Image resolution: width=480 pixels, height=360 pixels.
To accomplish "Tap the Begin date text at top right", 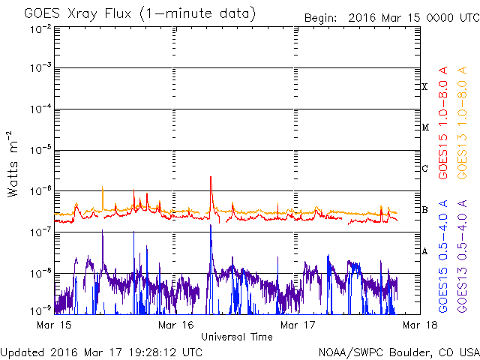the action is click(x=391, y=18).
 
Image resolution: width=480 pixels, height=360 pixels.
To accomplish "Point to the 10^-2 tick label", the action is click(x=40, y=29).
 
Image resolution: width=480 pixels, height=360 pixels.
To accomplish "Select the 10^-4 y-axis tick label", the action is click(x=40, y=109).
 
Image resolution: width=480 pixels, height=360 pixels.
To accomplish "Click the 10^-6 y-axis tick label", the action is click(x=40, y=191).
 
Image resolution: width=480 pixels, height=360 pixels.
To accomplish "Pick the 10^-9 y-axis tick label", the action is click(x=40, y=311).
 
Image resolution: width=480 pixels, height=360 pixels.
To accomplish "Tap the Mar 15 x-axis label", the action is click(x=54, y=325).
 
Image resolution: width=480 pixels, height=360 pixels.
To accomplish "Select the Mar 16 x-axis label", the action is click(x=176, y=325).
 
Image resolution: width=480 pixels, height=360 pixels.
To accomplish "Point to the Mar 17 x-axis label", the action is click(x=298, y=325).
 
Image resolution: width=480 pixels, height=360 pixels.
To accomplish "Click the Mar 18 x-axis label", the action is click(x=420, y=325).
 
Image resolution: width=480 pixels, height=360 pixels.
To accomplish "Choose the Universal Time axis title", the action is click(x=237, y=337).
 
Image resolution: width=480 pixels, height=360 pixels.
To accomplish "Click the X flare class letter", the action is click(x=424, y=87).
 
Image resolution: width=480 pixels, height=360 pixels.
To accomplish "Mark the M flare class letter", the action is click(x=425, y=127).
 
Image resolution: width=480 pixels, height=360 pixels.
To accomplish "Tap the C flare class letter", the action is click(x=424, y=168).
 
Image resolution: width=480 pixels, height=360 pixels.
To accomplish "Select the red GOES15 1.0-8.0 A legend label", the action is click(x=443, y=122).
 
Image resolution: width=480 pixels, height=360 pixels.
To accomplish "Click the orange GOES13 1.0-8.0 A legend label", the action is click(x=462, y=122).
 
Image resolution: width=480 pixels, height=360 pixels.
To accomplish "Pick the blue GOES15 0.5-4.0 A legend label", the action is click(x=443, y=256).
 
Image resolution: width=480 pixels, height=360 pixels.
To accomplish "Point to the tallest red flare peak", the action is click(x=211, y=177).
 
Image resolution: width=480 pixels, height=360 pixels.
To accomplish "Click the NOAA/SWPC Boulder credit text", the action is click(x=399, y=352).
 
